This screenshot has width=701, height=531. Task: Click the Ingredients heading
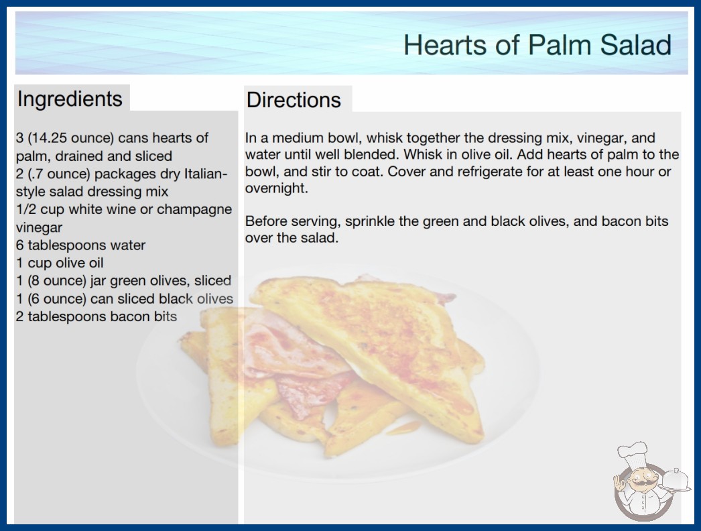point(70,99)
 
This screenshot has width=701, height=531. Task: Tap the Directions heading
point(294,100)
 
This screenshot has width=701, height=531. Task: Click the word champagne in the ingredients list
point(194,210)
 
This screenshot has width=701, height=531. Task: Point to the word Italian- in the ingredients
point(206,173)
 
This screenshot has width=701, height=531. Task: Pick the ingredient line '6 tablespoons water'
point(81,245)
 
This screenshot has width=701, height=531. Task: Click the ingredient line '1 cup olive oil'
point(60,263)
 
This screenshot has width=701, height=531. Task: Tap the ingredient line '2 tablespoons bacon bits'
point(97,316)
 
